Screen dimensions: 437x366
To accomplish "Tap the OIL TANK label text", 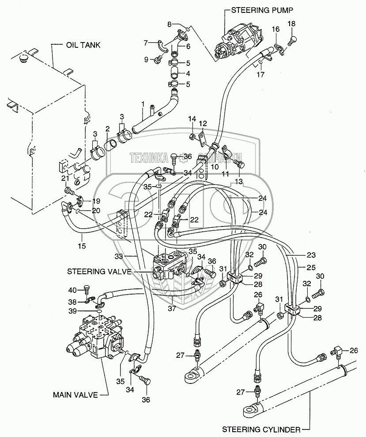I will pyautogui.click(x=83, y=45).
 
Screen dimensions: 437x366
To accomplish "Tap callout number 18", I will pyautogui.click(x=291, y=23).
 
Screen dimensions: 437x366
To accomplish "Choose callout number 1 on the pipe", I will pyautogui.click(x=143, y=104).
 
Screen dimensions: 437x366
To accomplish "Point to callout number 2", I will pyautogui.click(x=107, y=129).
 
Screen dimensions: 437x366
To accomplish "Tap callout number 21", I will pyautogui.click(x=64, y=178).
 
